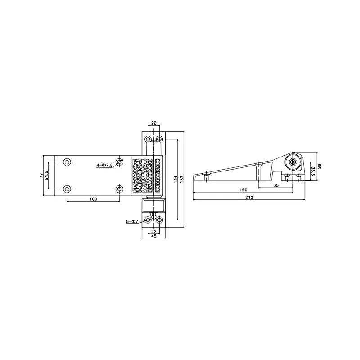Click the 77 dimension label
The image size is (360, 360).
41,175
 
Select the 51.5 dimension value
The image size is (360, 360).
47,175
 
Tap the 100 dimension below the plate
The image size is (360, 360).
93,199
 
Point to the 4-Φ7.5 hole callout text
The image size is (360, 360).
104,165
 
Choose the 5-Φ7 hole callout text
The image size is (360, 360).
132,221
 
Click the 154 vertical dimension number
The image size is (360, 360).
175,179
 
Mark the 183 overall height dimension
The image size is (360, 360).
181,179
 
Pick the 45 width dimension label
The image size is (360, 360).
153,236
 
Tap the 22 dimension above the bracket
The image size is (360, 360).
153,123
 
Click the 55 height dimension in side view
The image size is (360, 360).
319,166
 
